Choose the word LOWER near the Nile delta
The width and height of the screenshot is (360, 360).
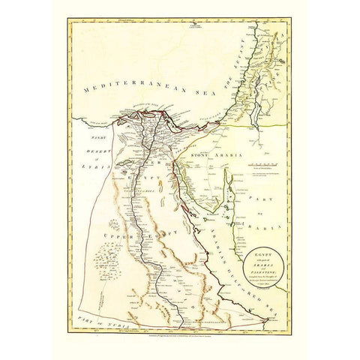(x=147, y=160)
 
